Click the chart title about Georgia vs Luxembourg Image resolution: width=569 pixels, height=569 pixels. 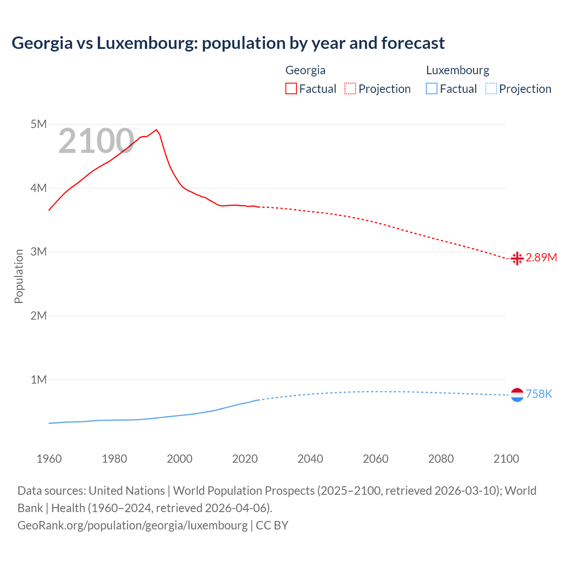pos(228,43)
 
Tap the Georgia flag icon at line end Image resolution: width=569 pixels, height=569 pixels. pos(517,258)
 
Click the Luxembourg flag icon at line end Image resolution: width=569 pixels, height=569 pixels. pos(517,395)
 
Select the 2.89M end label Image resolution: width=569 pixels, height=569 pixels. pos(541,258)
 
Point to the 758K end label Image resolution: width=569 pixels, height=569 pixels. pos(539,394)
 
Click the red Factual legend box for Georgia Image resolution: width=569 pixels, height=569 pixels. pos(291,89)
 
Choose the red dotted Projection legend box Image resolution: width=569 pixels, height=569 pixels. pos(350,89)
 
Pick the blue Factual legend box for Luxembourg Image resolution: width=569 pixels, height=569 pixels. pos(432,89)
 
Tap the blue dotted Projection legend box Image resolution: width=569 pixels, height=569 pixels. pos(491,89)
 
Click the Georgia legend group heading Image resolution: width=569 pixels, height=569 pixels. pos(305,70)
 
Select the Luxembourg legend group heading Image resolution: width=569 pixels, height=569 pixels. pos(457,70)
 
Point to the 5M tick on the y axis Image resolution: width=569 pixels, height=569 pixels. pos(39,124)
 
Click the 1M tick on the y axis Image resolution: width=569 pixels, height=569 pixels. pos(39,380)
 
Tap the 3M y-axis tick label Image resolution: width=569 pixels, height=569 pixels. pos(39,252)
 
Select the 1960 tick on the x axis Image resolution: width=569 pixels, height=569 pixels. pos(49,459)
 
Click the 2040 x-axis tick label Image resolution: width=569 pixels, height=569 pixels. pos(310,459)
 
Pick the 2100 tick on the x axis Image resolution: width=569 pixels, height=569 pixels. pos(506,459)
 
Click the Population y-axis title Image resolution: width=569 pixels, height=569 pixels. pos(19,276)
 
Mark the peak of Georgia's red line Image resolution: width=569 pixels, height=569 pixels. pos(156,130)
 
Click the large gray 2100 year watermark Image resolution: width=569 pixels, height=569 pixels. pos(96,141)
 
